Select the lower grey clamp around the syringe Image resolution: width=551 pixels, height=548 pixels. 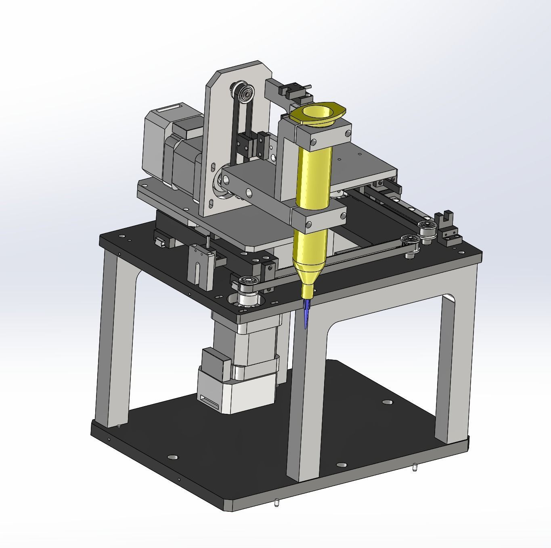point(319,218)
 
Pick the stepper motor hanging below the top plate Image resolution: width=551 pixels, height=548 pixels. point(242,363)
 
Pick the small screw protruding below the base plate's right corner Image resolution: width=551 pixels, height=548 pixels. point(415,468)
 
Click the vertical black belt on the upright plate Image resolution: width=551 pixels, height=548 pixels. point(235,133)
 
